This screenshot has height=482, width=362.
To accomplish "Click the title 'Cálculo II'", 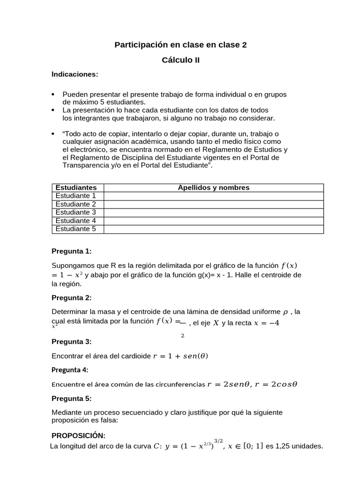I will [181, 60].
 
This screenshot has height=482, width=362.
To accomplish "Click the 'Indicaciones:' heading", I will [75, 74].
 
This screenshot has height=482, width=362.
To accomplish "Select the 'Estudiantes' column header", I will [76, 187].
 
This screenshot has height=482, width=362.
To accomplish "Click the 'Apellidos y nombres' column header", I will [214, 187].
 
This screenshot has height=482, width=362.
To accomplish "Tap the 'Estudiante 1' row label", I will [76, 195].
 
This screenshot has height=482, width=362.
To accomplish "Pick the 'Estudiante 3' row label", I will [76, 212].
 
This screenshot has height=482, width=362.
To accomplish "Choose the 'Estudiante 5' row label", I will [76, 229].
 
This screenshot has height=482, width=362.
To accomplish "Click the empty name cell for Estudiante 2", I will [214, 204].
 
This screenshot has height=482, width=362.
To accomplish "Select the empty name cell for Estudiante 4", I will [214, 221].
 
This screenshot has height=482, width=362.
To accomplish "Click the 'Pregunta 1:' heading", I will [72, 251].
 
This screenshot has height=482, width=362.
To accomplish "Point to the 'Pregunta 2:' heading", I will [72, 297].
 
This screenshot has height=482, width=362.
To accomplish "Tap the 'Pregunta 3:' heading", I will [72, 341].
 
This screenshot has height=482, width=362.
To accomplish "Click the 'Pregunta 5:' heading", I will [72, 398].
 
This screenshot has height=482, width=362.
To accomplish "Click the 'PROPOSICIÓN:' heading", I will [78, 435].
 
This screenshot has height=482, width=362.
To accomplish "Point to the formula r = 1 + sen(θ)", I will [181, 356].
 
